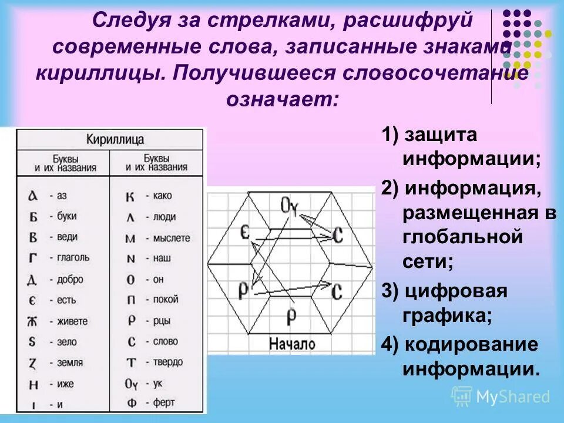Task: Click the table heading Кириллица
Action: pos(115,140)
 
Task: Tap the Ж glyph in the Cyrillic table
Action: pos(33,321)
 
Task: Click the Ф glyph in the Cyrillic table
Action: pos(131,404)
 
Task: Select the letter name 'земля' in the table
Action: pos(70,362)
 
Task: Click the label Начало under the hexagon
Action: pos(292,344)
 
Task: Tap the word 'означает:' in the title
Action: pos(282,98)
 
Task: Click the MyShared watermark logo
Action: pos(501,397)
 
